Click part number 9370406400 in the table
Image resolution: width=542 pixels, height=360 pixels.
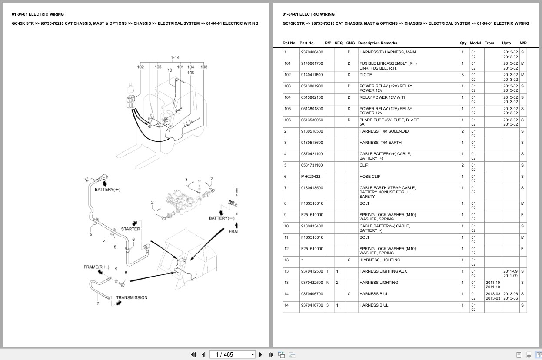coord(312,52)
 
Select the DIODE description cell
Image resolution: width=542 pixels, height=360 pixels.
coord(366,75)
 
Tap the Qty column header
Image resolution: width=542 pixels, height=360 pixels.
coord(463,43)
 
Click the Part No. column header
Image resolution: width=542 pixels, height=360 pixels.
coord(307,43)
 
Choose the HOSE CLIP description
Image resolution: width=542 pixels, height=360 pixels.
coord(369,177)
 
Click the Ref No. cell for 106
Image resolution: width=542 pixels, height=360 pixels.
coord(287,120)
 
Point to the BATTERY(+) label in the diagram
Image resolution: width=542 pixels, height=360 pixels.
coord(107,190)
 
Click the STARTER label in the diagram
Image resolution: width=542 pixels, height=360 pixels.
coord(130,229)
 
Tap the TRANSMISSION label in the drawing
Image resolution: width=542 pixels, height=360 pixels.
coord(131,298)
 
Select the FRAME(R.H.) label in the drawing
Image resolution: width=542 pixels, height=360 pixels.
coord(96,267)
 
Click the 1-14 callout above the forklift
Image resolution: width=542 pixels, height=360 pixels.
coord(175,57)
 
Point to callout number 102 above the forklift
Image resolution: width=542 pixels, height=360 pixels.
coord(140,67)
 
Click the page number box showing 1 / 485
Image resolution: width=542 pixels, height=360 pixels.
coord(232,354)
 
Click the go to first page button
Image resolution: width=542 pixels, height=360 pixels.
coord(193,354)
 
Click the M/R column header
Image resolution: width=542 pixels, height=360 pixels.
coord(523,43)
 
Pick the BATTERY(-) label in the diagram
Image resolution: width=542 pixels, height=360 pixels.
coord(221,218)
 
